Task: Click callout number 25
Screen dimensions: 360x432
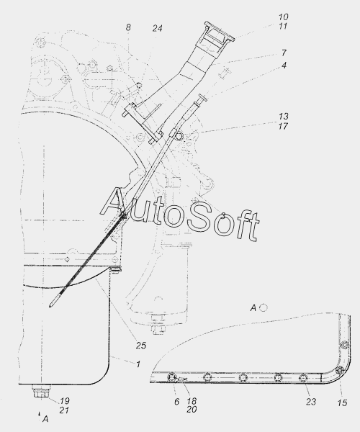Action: tap(140, 346)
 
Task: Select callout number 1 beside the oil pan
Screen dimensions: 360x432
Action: tap(138, 364)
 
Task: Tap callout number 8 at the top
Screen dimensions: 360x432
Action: tap(128, 27)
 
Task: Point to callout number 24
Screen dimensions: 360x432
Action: tap(157, 28)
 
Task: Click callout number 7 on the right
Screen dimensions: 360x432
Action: tap(284, 53)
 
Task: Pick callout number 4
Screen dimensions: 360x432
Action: tap(284, 66)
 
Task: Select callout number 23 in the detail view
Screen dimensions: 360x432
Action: tap(311, 402)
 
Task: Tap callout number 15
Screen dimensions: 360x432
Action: tap(342, 402)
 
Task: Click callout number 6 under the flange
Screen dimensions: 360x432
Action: tap(176, 402)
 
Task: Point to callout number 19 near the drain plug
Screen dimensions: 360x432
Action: tap(65, 400)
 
